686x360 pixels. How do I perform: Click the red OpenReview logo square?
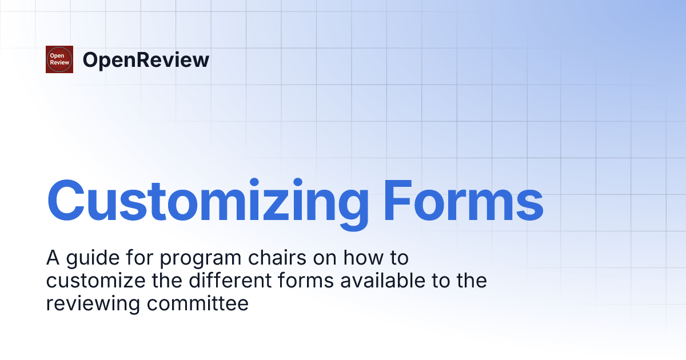[x=59, y=59]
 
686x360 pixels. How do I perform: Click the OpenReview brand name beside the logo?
[x=146, y=61]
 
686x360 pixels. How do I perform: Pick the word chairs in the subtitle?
[x=277, y=258]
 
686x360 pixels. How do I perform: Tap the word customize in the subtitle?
[x=96, y=281]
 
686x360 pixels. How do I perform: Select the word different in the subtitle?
[x=230, y=281]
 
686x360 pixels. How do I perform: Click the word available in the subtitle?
[x=383, y=281]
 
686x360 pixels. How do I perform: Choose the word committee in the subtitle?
[x=198, y=303]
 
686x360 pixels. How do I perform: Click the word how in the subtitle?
[x=363, y=258]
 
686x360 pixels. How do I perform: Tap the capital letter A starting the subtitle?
[x=53, y=258]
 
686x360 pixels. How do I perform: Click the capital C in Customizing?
[x=66, y=200]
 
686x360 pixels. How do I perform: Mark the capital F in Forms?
[x=397, y=201]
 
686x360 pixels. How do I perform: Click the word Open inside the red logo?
[x=57, y=56]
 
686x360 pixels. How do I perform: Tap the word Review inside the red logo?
[x=59, y=62]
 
